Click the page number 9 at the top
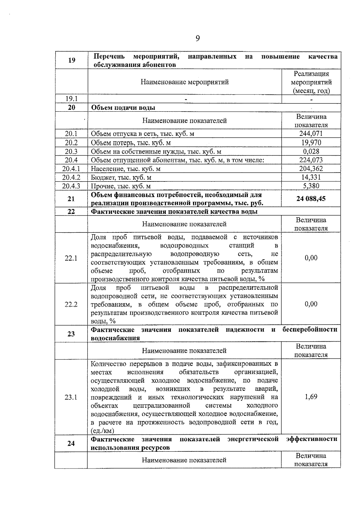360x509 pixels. click(x=197, y=38)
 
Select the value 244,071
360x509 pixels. click(x=311, y=134)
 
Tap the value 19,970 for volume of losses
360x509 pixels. click(x=311, y=142)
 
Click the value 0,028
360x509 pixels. click(x=311, y=151)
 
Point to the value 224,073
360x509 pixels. click(x=311, y=160)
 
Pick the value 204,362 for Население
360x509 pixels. click(x=311, y=169)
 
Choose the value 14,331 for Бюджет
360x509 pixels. click(x=311, y=177)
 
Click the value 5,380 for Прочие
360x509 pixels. click(x=311, y=186)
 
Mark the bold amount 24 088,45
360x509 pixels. click(x=311, y=199)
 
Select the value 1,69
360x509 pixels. click(x=311, y=397)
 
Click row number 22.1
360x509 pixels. click(x=71, y=258)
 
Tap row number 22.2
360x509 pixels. click(x=71, y=304)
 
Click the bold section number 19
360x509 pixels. click(x=71, y=60)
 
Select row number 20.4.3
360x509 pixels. click(x=71, y=186)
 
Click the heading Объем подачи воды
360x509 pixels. click(x=123, y=108)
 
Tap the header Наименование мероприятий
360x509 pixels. click(x=184, y=82)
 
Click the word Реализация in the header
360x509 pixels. click(x=311, y=74)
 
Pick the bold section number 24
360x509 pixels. click(x=71, y=443)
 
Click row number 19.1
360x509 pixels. click(x=71, y=99)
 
